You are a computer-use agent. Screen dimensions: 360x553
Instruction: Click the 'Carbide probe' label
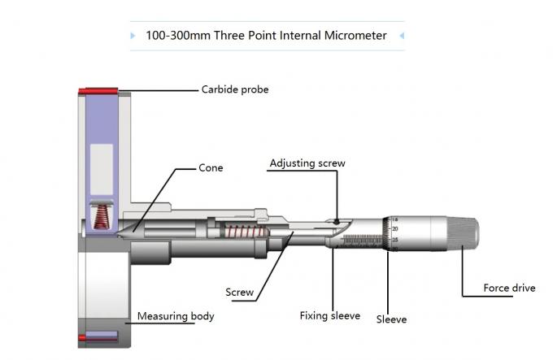click(234, 89)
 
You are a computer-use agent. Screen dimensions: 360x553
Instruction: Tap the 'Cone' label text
click(211, 168)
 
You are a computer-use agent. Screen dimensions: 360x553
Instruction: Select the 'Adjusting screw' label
click(307, 163)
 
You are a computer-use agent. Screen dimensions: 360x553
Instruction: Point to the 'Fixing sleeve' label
click(329, 315)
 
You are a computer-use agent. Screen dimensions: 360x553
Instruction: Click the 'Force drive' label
click(509, 288)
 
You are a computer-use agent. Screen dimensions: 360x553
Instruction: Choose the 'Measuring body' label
click(176, 315)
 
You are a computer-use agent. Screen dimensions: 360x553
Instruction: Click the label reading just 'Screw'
click(239, 293)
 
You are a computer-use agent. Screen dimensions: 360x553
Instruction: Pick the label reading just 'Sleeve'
click(391, 319)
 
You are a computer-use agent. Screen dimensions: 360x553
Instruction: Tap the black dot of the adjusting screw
click(336, 220)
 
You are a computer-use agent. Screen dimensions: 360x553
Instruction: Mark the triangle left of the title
click(133, 36)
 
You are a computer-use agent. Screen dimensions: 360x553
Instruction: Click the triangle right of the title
click(401, 36)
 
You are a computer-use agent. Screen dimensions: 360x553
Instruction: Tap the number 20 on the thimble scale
click(396, 229)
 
